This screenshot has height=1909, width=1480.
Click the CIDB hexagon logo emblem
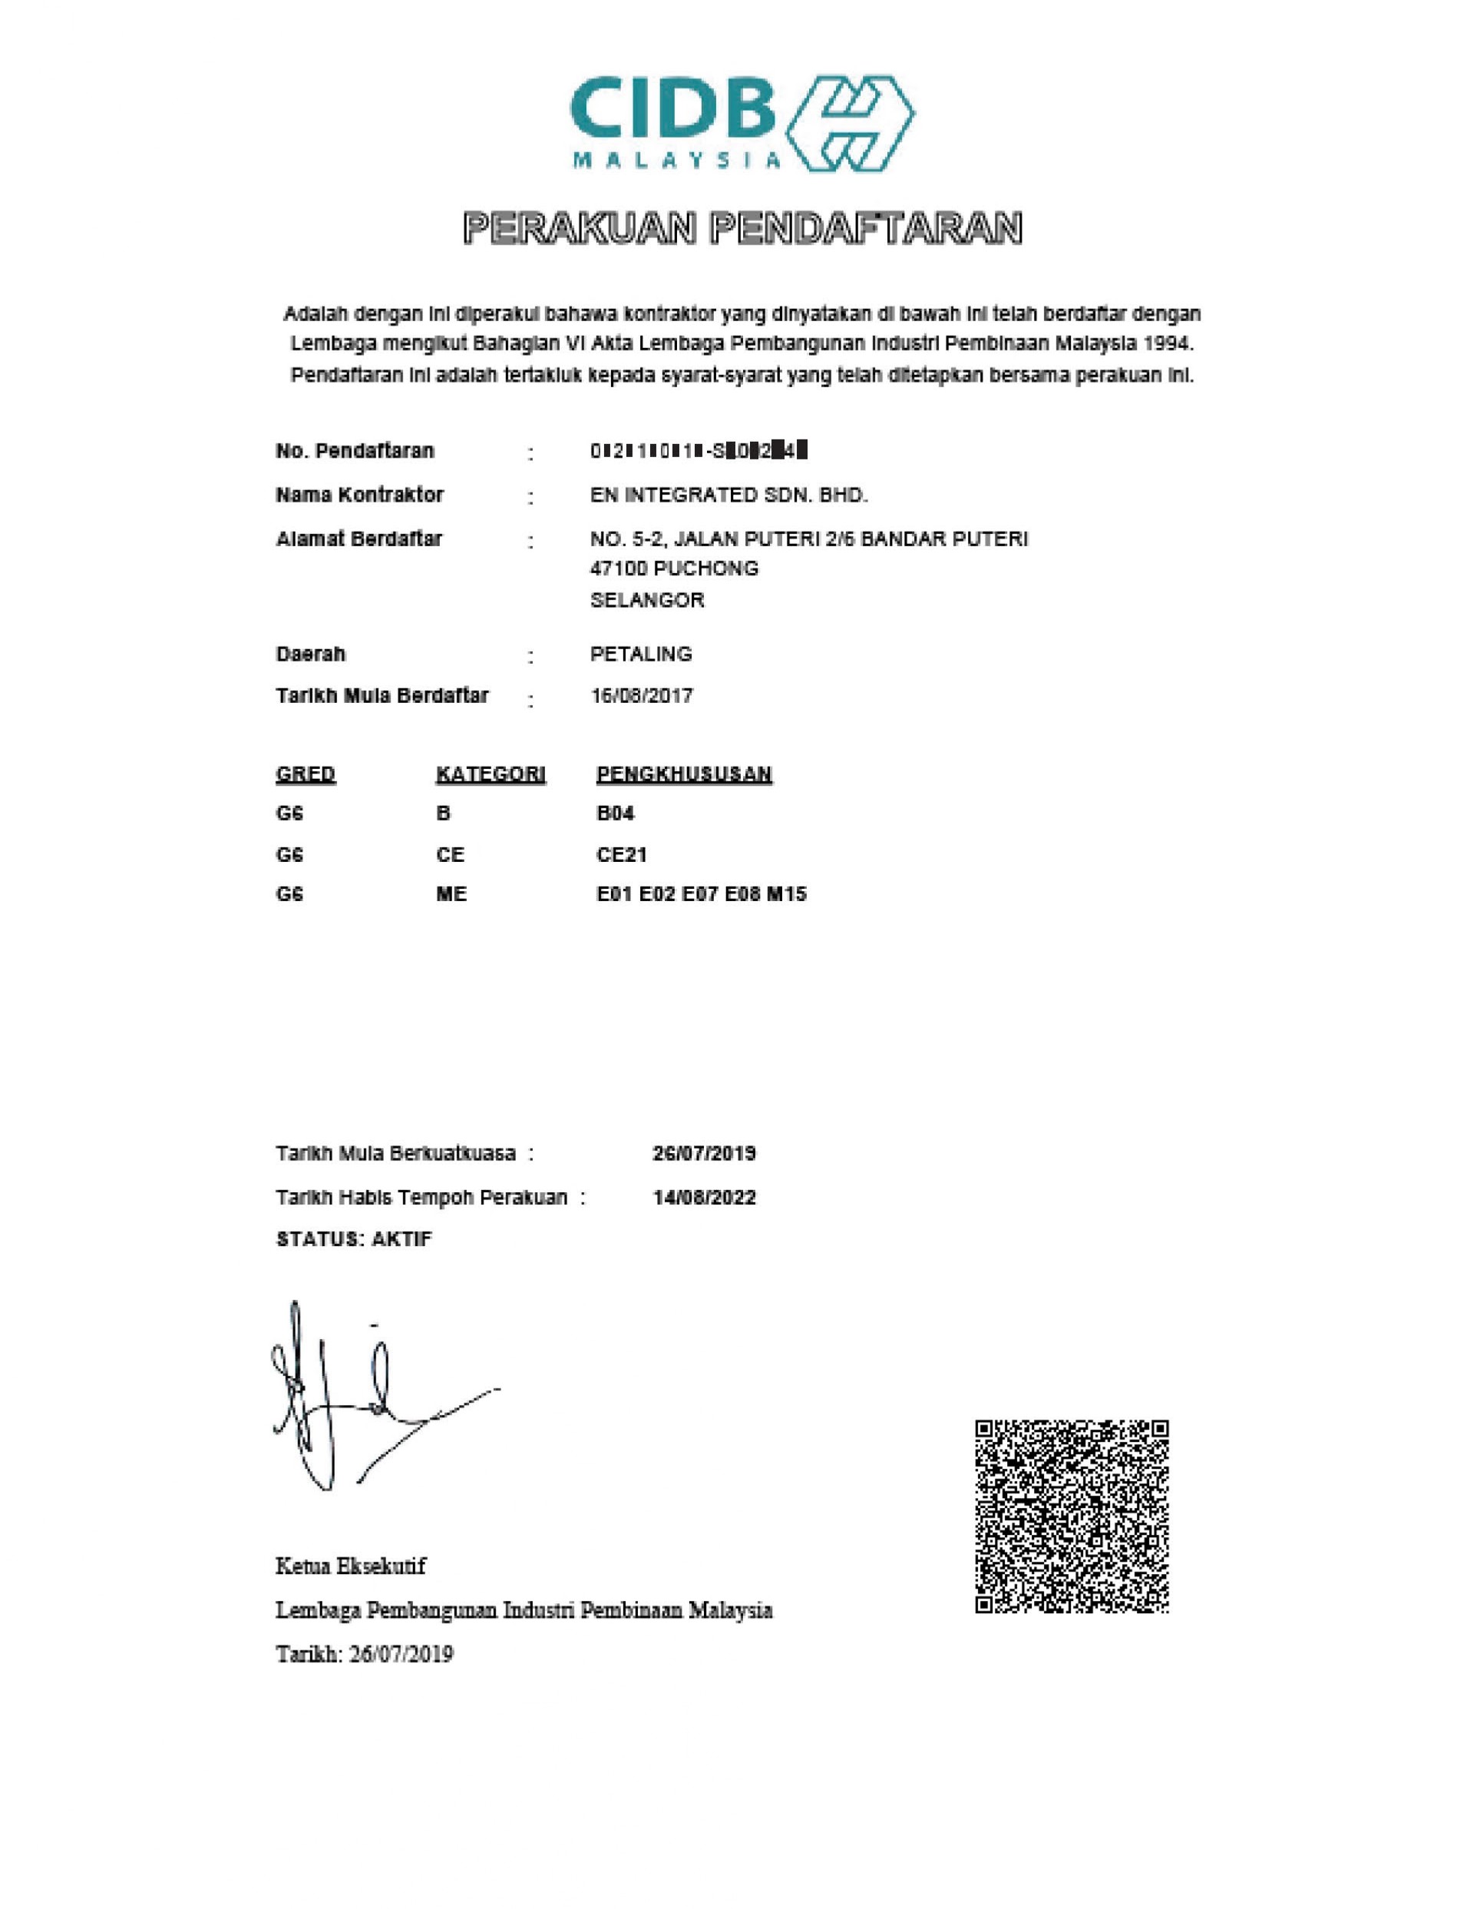(849, 123)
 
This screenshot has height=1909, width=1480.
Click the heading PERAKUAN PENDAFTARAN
(742, 229)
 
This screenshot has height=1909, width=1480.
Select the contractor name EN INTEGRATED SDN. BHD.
(728, 495)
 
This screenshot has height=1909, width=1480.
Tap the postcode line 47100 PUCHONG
(674, 569)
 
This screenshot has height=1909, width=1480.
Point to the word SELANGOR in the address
(646, 601)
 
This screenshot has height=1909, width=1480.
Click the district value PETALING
(640, 654)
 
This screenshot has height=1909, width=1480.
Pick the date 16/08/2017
(641, 696)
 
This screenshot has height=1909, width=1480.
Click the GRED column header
(305, 774)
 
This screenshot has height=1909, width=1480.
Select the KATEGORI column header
(490, 774)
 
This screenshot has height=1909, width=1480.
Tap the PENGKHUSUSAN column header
(683, 774)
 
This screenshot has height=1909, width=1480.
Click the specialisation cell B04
(615, 814)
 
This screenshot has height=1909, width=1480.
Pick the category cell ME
(451, 894)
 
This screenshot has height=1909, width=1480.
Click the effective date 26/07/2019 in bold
(703, 1154)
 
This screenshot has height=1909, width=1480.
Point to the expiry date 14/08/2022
(703, 1198)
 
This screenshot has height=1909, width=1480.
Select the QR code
(1071, 1516)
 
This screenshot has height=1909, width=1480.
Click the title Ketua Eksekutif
(350, 1566)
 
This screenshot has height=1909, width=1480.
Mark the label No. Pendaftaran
(355, 452)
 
